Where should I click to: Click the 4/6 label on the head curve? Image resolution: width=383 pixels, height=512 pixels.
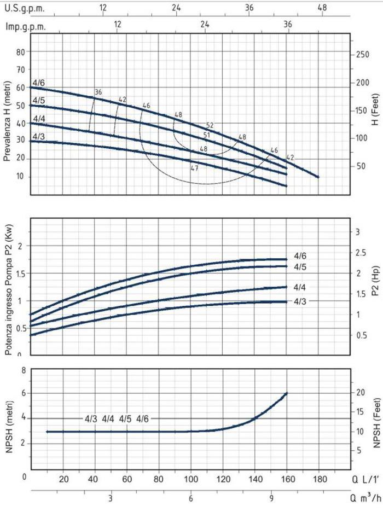[39, 83]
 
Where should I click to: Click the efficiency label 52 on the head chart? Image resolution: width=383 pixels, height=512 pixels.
[211, 125]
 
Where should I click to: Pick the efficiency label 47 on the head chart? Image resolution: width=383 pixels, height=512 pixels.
[194, 168]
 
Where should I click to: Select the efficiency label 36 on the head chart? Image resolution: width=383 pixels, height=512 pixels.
[98, 92]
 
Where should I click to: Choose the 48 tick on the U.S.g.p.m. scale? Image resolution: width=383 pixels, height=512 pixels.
[322, 8]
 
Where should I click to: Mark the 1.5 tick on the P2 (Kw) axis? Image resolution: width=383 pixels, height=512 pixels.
[21, 273]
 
